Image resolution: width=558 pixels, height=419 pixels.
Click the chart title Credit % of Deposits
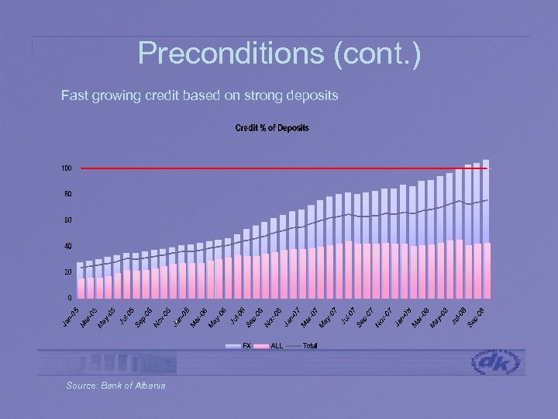pyautogui.click(x=272, y=128)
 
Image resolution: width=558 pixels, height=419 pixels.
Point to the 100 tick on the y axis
pyautogui.click(x=67, y=168)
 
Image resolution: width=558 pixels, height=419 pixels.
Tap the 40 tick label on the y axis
pyautogui.click(x=67, y=247)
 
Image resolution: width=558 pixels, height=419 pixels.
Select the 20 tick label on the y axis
pyautogui.click(x=67, y=272)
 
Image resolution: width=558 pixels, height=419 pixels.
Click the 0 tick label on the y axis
pyautogui.click(x=69, y=297)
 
